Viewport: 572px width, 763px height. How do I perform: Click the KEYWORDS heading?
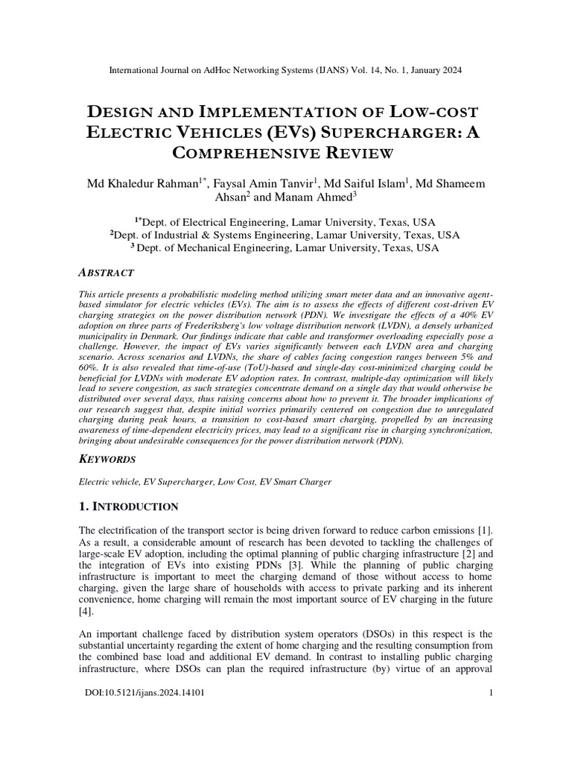pos(107,459)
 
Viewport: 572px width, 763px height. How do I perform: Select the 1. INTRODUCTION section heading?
pos(128,507)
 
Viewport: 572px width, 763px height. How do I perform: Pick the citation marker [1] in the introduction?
pos(485,530)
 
